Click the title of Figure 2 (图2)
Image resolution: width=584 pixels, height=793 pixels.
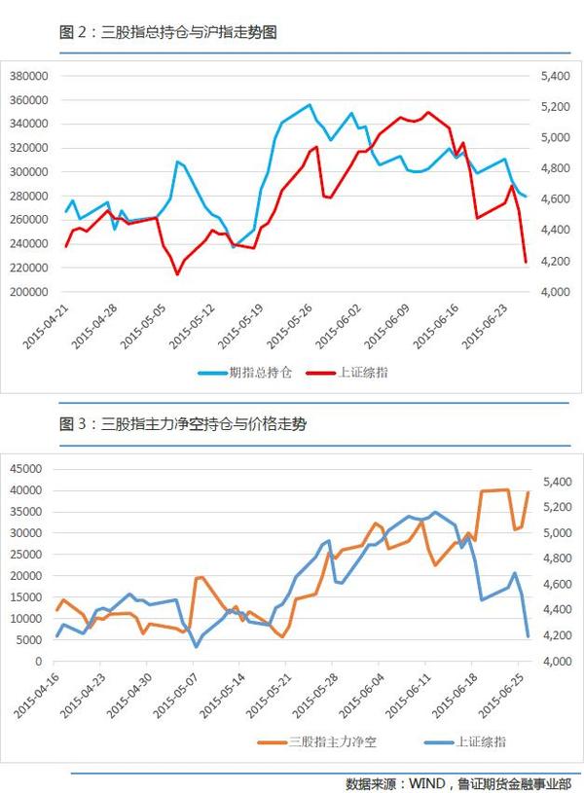(x=168, y=32)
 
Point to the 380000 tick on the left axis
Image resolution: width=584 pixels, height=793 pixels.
(x=28, y=76)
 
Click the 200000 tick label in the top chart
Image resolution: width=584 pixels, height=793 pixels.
(x=28, y=292)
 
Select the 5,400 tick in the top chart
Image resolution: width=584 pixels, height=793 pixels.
(x=546, y=76)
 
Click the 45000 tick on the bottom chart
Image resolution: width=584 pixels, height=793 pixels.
(x=24, y=468)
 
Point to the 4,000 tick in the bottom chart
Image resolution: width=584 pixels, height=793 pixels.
(x=546, y=662)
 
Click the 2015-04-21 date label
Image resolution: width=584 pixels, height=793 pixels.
(x=47, y=324)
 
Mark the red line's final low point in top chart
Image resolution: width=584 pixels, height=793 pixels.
(x=526, y=262)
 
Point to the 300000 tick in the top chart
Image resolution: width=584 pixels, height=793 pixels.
(x=28, y=171)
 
